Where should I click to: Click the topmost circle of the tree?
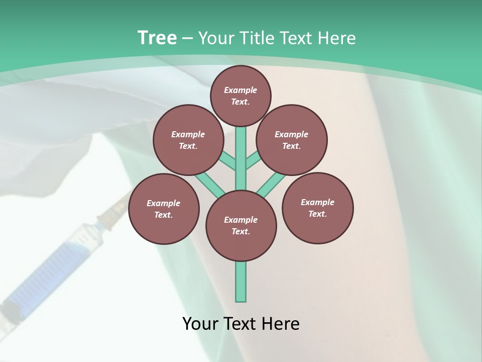(240, 96)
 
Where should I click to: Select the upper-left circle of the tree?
(188, 140)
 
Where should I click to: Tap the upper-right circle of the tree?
(292, 140)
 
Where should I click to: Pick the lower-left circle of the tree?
(164, 209)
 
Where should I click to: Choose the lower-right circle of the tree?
(317, 208)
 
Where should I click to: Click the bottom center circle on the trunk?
(241, 225)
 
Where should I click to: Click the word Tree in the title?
(157, 38)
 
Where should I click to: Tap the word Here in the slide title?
(336, 38)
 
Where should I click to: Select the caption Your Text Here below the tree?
(241, 324)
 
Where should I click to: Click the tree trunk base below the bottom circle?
(241, 282)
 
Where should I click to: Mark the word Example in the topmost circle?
(240, 90)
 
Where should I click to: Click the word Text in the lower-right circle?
(317, 214)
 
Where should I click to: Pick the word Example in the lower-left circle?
(164, 203)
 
